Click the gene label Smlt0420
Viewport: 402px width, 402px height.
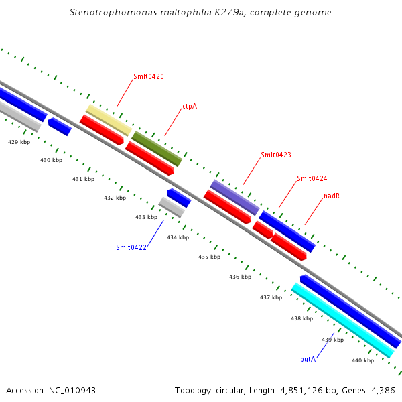pyautogui.click(x=148, y=76)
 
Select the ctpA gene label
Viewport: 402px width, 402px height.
pyautogui.click(x=190, y=106)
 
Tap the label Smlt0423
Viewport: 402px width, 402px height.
pyautogui.click(x=275, y=155)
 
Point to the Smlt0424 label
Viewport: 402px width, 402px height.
pyautogui.click(x=312, y=178)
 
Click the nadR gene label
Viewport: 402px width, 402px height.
pyautogui.click(x=333, y=196)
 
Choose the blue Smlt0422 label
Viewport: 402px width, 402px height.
pyautogui.click(x=131, y=247)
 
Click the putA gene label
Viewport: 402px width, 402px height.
pyautogui.click(x=308, y=359)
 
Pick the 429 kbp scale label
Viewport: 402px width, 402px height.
pyautogui.click(x=19, y=142)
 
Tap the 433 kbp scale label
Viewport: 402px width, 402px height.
pyautogui.click(x=146, y=217)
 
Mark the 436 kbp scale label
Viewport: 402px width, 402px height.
pyautogui.click(x=240, y=277)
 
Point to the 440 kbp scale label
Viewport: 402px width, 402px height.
pyautogui.click(x=362, y=361)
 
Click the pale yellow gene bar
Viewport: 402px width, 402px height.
pyautogui.click(x=109, y=120)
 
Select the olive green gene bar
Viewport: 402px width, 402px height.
pyautogui.click(x=157, y=149)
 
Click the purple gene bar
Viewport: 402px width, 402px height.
pyautogui.click(x=234, y=197)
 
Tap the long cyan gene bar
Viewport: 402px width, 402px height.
pyautogui.click(x=342, y=320)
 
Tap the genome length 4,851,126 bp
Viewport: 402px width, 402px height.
pyautogui.click(x=310, y=390)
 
